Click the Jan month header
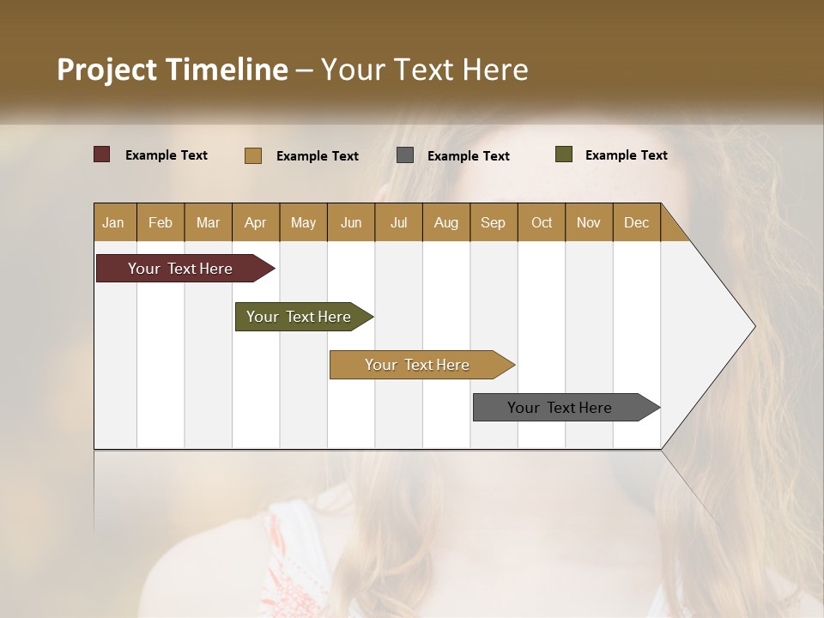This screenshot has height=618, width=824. point(114,222)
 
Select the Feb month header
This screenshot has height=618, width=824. point(161,222)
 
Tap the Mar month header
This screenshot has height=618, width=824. point(208,222)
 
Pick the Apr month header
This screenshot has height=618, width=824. point(256,222)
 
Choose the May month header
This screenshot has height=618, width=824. point(303,222)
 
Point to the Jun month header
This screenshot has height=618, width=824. point(351,222)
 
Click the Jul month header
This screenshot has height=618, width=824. point(398,222)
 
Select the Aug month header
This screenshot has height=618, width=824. point(446,222)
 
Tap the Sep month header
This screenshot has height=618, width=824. point(494,222)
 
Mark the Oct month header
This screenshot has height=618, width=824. point(542,222)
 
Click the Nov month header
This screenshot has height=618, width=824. point(589,222)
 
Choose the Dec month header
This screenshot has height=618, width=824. point(637,222)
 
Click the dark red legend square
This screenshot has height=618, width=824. point(102,154)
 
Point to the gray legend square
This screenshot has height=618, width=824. point(405,155)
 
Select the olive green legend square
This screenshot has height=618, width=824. point(564,154)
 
